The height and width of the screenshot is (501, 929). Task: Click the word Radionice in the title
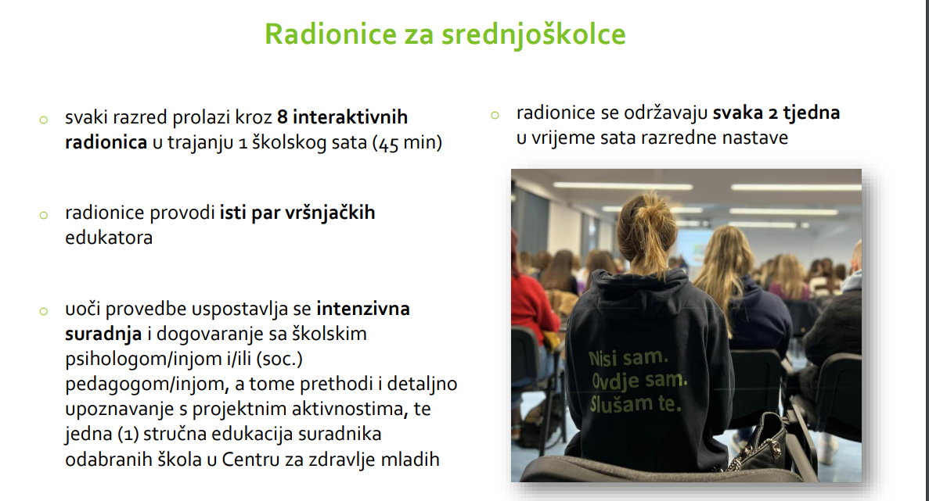click(330, 34)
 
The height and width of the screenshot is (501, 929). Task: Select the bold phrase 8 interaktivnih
click(342, 117)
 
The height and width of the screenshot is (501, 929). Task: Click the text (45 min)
click(407, 142)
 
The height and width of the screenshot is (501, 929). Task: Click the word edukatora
click(109, 237)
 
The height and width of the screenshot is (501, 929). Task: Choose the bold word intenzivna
click(363, 309)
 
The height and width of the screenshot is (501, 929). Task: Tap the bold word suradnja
click(103, 335)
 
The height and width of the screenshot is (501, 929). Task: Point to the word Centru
click(250, 459)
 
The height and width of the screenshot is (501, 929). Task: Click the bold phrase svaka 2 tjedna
click(776, 113)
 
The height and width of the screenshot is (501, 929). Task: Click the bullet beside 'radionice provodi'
click(43, 215)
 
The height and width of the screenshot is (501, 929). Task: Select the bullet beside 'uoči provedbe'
click(43, 311)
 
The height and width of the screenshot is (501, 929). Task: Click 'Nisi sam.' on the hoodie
click(628, 357)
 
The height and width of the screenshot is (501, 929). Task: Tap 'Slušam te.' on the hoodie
click(636, 403)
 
